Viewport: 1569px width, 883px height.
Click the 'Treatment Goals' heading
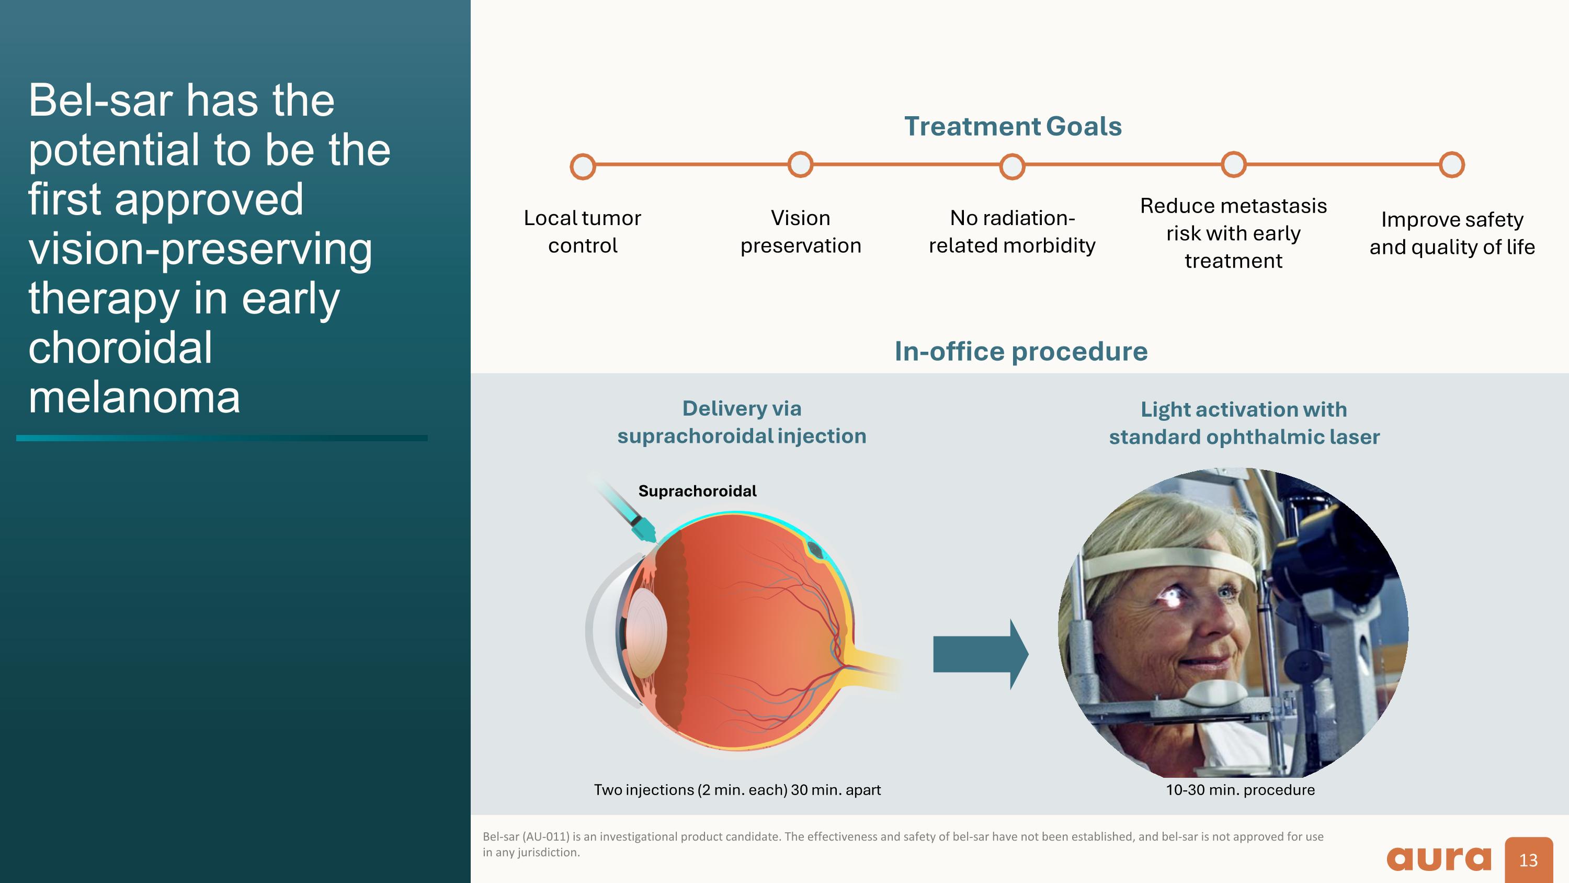point(1013,126)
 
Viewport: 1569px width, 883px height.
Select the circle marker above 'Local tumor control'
point(582,166)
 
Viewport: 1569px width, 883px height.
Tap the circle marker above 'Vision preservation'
point(800,164)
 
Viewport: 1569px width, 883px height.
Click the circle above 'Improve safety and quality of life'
point(1451,164)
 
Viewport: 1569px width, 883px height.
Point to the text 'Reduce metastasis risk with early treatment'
point(1233,233)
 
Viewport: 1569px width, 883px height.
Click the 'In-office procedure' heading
point(1021,352)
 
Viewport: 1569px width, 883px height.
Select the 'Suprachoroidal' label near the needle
point(697,491)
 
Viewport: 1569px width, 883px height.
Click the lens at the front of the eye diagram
point(645,632)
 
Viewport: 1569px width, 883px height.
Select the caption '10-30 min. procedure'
point(1240,790)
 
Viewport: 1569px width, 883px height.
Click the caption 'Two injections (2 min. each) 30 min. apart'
point(737,790)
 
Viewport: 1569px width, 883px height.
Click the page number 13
point(1528,860)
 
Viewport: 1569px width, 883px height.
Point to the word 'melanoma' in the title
point(134,397)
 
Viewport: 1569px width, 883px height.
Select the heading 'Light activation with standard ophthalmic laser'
point(1244,423)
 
